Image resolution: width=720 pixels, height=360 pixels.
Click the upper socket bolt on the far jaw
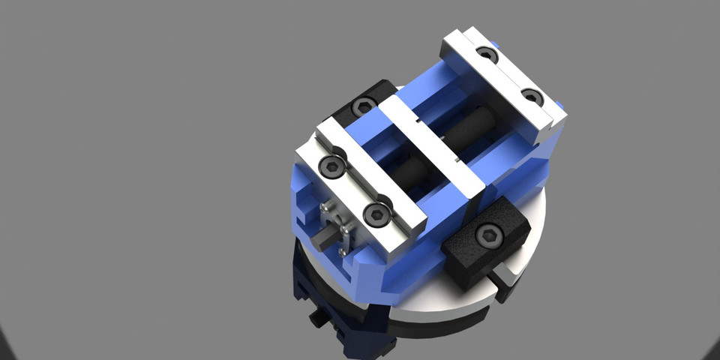[x=487, y=54]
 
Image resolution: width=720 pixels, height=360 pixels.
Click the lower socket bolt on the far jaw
[x=532, y=97]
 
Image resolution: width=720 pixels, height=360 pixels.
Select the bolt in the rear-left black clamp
[x=364, y=106]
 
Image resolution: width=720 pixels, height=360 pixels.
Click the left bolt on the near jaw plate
[x=331, y=166]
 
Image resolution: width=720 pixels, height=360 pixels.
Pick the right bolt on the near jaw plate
[x=376, y=216]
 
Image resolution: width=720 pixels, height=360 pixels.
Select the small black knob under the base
[x=318, y=319]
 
